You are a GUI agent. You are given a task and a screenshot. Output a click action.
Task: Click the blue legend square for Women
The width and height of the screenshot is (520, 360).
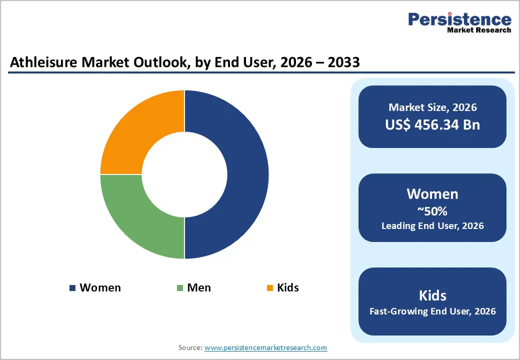(72, 288)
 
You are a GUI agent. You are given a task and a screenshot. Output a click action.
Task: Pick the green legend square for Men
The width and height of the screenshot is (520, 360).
(180, 288)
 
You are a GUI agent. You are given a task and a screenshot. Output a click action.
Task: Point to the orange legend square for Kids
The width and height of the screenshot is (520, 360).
(270, 288)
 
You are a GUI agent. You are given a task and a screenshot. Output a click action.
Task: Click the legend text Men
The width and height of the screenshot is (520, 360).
(199, 288)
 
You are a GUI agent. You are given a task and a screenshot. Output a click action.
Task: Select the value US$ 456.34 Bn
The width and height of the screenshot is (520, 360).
(432, 124)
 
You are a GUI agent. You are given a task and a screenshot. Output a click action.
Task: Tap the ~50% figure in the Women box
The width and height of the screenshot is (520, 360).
(432, 210)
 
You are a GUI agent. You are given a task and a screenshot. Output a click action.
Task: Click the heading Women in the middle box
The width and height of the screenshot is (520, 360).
(432, 194)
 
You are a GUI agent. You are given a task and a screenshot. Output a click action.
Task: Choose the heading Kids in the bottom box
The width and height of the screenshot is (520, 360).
(432, 295)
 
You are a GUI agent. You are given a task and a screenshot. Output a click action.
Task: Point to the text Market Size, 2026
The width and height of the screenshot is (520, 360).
(432, 107)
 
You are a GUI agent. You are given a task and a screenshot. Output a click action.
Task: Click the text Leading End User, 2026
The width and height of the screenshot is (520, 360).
(432, 226)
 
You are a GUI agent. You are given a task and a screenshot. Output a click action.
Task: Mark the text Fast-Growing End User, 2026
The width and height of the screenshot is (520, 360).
(432, 311)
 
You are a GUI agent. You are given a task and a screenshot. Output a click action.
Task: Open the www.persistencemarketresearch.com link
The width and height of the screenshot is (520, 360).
(266, 347)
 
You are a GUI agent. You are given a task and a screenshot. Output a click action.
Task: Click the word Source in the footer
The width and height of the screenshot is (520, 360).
(189, 347)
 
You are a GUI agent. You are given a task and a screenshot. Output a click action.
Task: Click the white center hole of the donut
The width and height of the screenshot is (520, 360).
(184, 174)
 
